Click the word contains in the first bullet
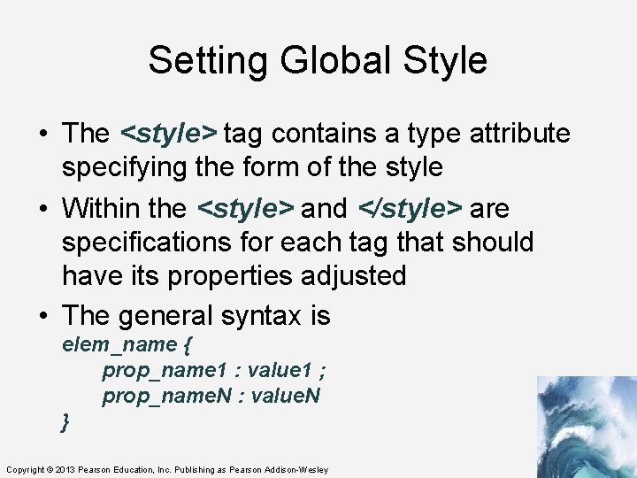point(317,134)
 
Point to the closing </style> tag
point(410,209)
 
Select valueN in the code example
point(285,396)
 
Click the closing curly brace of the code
point(65,422)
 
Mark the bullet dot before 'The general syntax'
point(42,316)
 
